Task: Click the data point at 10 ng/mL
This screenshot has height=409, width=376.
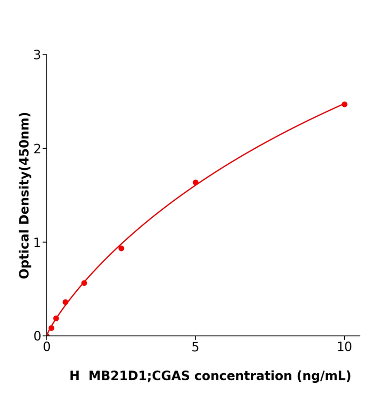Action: [x=344, y=104]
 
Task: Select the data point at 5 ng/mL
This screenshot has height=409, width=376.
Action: [x=195, y=182]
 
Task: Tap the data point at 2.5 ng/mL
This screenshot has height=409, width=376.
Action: [x=121, y=248]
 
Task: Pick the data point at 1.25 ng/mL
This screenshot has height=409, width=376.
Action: [x=84, y=283]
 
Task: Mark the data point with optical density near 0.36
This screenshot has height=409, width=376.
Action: [x=65, y=302]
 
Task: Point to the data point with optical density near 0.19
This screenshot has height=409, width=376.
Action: [x=56, y=318]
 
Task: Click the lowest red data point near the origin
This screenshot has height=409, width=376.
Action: [x=51, y=328]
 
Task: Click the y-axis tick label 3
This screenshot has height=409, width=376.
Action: [x=37, y=55]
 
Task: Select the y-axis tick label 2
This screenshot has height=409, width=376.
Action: [x=37, y=149]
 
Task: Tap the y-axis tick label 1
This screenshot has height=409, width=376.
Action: [x=37, y=242]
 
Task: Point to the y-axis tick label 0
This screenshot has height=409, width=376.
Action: [x=37, y=336]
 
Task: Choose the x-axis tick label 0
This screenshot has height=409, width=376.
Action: [x=47, y=347]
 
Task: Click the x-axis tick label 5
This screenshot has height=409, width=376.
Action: [x=195, y=347]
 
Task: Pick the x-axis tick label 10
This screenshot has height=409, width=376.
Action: [x=344, y=347]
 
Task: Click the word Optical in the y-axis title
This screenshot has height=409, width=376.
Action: [x=25, y=254]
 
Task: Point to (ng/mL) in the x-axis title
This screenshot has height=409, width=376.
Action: [x=324, y=376]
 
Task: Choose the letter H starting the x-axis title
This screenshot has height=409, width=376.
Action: [x=74, y=376]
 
